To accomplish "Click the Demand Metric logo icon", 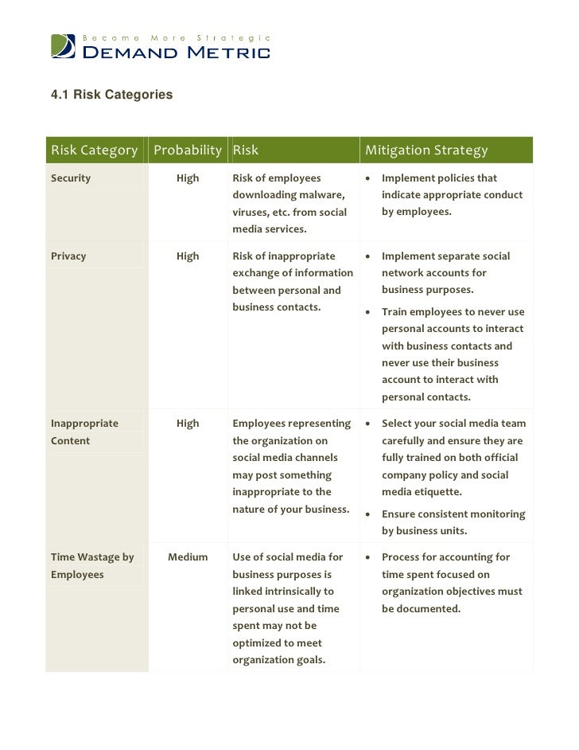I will (x=64, y=46).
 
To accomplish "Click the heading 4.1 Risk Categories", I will (x=111, y=95).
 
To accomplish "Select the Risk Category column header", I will (x=95, y=150).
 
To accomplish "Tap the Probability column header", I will (x=187, y=150).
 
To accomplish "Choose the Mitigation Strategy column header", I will (x=426, y=150).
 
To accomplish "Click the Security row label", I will (x=71, y=178).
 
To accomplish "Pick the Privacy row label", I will (x=68, y=256).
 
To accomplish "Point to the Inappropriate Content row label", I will (x=84, y=432).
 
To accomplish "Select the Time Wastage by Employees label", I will (x=92, y=565).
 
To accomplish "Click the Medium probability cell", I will (x=188, y=557).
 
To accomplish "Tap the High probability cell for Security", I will (x=188, y=178).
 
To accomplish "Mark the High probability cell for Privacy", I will (x=188, y=256).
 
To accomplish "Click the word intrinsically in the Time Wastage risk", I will (x=301, y=592).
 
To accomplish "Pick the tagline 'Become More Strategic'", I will (x=177, y=37).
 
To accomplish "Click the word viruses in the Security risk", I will (x=251, y=213).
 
